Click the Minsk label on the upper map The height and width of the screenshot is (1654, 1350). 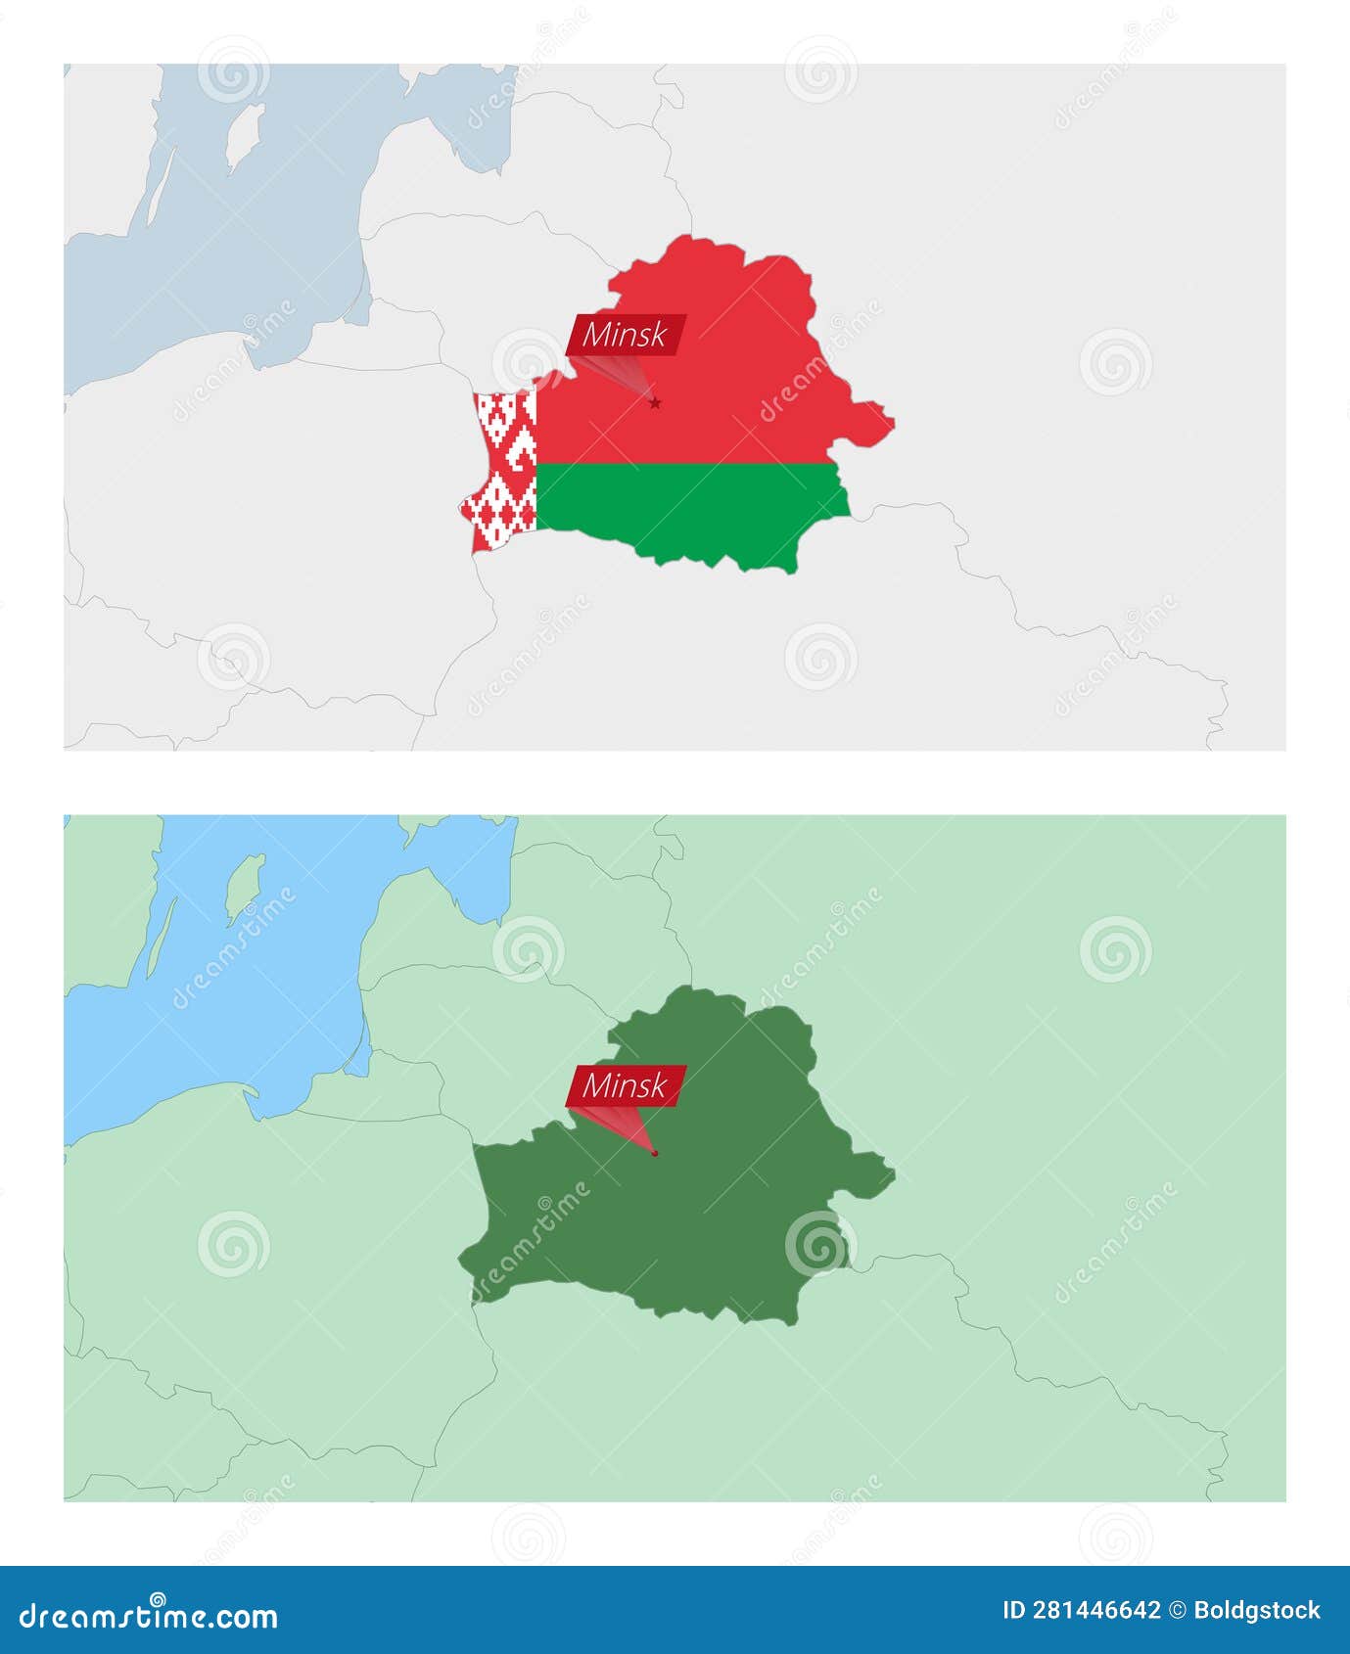(x=625, y=335)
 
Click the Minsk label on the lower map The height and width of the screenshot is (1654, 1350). (x=625, y=1085)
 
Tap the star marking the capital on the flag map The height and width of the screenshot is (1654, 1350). (x=655, y=403)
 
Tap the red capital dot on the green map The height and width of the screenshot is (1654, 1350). (x=655, y=1153)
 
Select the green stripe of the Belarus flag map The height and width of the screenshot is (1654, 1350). (x=685, y=509)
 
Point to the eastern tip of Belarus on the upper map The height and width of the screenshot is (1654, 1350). (x=891, y=422)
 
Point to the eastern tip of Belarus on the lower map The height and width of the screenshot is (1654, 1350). (x=891, y=1172)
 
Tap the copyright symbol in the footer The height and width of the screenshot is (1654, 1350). (x=1178, y=1610)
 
